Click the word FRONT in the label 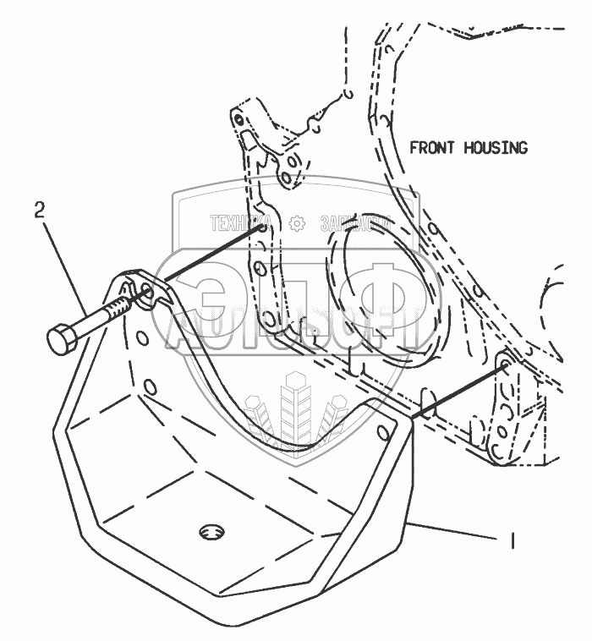[x=431, y=148]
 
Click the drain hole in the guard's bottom [x=211, y=532]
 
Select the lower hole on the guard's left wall [x=150, y=386]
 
